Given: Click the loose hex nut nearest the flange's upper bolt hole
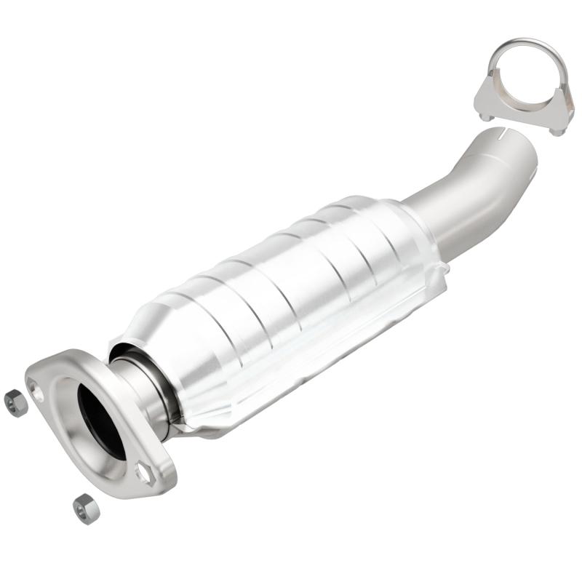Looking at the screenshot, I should [x=15, y=402].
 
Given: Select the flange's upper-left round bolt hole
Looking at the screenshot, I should [x=37, y=394].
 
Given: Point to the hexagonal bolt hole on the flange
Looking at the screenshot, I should [x=144, y=474].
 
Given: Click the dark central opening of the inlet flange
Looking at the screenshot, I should [x=101, y=420].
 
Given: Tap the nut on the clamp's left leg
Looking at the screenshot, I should [x=485, y=114].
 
